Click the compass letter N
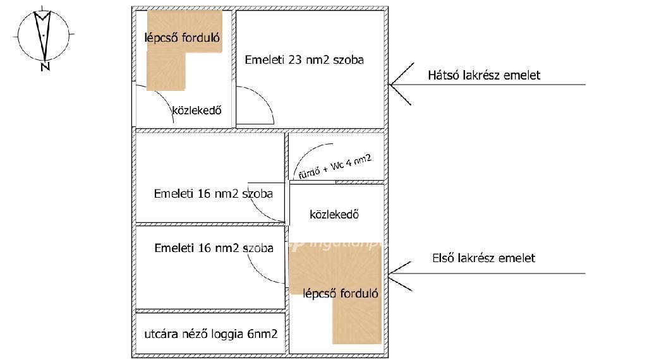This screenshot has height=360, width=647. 45,66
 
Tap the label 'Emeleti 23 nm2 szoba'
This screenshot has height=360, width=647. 304,61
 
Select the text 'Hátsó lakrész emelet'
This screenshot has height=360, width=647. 484,75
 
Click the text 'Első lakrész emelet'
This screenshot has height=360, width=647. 483,258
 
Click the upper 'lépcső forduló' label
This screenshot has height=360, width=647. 182,37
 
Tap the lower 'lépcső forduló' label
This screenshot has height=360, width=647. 341,293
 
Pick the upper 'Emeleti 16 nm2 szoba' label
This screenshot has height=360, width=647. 213,194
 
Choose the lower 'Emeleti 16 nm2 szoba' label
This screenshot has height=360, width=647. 214,248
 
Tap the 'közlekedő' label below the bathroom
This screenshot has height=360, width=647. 334,215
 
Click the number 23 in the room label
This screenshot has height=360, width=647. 295,61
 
